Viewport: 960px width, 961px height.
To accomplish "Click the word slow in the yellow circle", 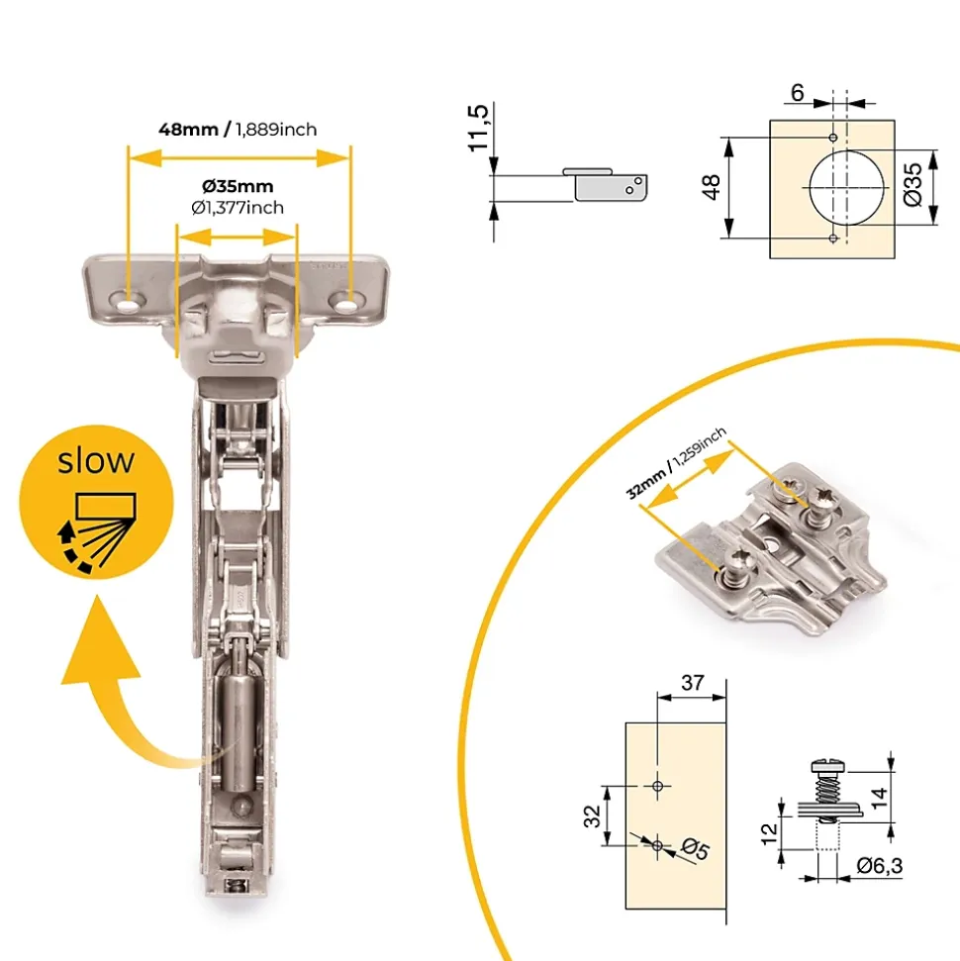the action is tap(96, 461).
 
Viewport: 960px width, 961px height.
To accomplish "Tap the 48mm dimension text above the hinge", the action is tap(188, 130).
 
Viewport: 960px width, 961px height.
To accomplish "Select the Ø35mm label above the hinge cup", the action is tap(238, 186).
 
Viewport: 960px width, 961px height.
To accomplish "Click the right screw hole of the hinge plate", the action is tap(349, 303).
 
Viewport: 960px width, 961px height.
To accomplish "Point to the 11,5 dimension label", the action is tap(479, 128).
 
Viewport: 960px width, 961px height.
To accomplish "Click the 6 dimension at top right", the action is tap(797, 93).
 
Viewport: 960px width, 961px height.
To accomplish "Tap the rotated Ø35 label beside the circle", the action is tap(912, 184).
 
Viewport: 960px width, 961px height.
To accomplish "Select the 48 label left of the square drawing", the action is tap(712, 187).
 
